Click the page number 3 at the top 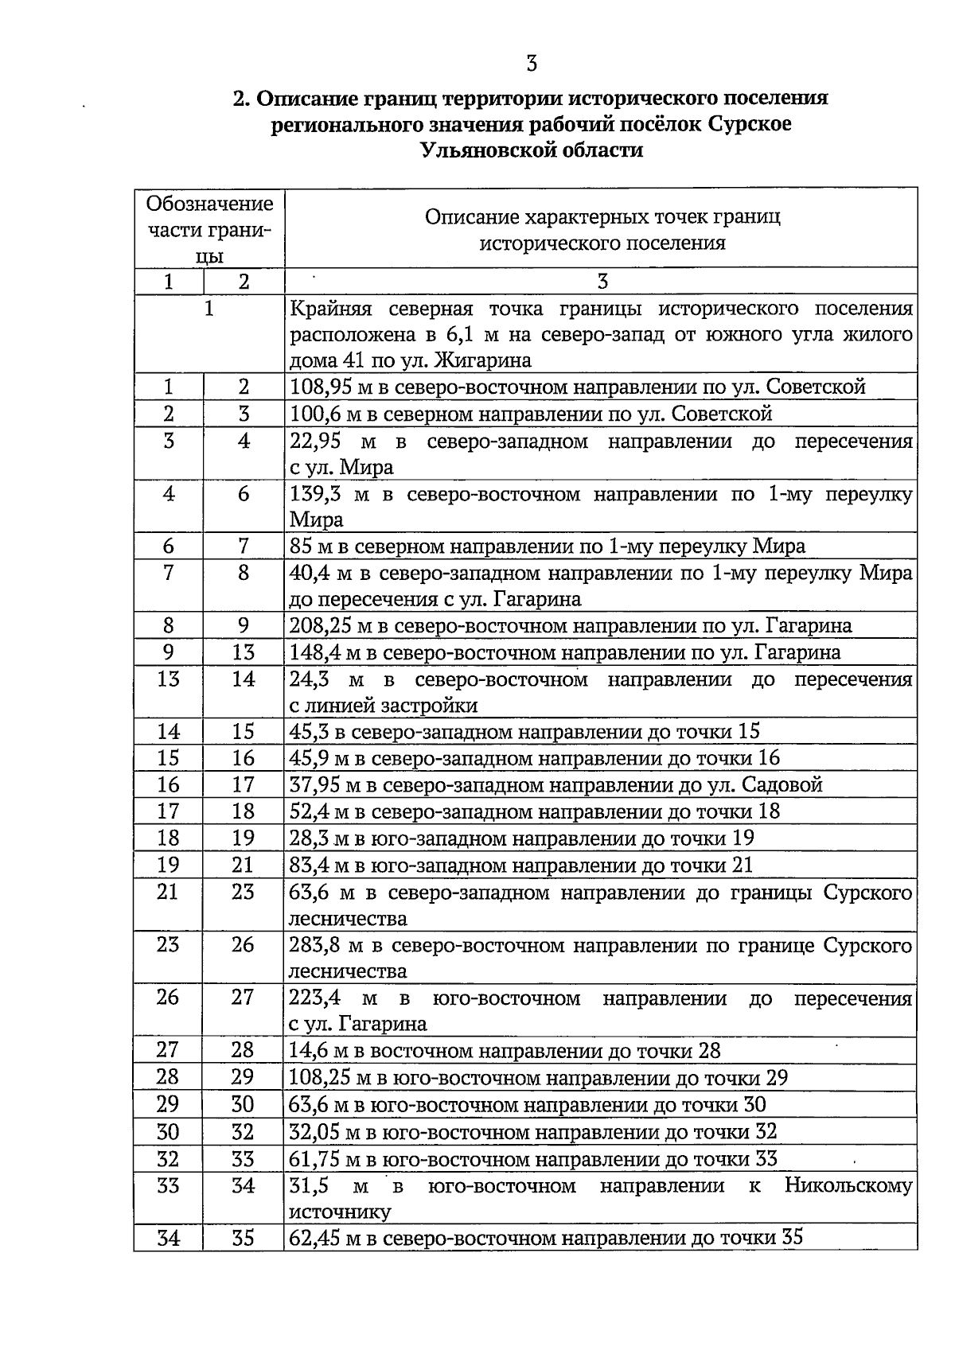[532, 63]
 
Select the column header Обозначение [209, 204]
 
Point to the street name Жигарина [485, 360]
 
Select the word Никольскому [848, 1186]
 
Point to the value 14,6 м [318, 1051]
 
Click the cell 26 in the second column [243, 946]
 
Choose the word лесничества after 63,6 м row [347, 919]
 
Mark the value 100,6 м [318, 414]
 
